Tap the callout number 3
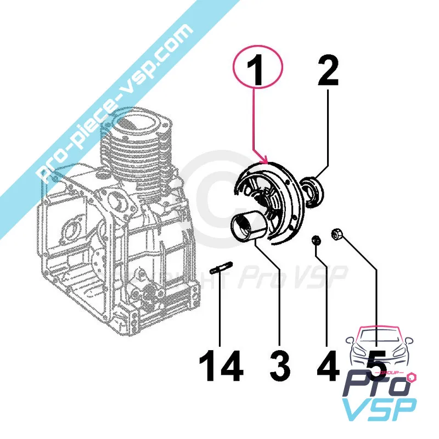[280, 365]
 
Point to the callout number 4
[328, 365]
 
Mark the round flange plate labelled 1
[274, 198]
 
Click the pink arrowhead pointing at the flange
[267, 160]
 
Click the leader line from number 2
[328, 137]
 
